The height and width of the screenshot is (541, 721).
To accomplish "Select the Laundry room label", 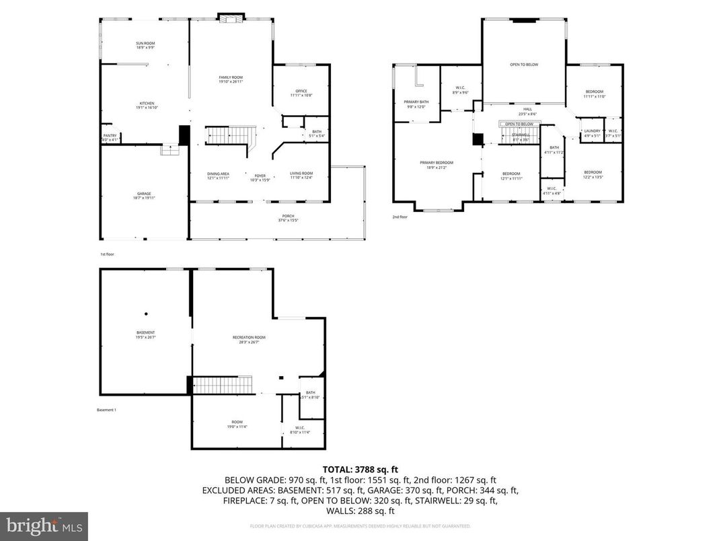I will (592, 133).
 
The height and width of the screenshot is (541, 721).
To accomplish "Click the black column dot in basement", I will (145, 313).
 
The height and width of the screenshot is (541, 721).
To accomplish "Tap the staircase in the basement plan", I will (223, 386).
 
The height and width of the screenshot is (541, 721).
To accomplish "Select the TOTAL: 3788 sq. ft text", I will (360, 470).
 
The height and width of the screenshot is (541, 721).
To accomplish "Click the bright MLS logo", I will (44, 525).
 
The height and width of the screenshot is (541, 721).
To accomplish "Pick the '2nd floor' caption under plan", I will (400, 217).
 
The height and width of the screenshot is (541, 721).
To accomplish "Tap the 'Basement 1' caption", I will (106, 410).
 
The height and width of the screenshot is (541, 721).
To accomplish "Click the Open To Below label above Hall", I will (524, 65).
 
